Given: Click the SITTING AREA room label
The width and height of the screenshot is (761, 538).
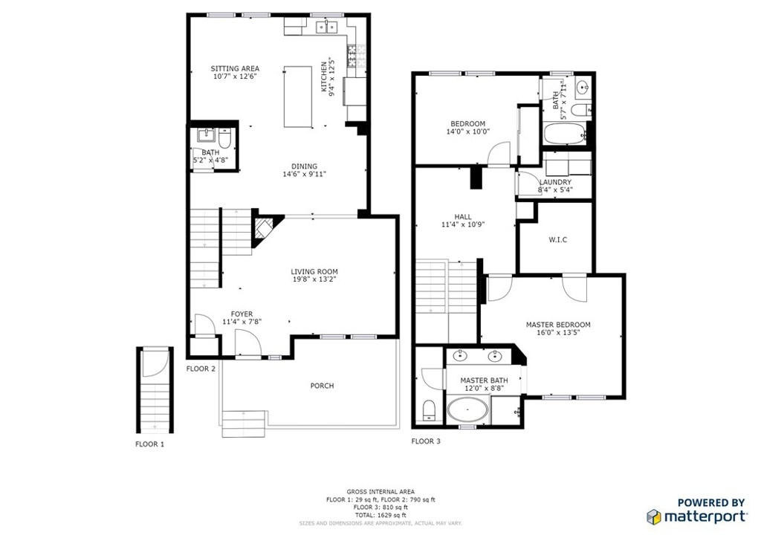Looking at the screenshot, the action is (x=235, y=68).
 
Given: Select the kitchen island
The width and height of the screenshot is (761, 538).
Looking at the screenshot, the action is (x=297, y=97).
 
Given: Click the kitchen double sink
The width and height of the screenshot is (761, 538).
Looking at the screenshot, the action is (x=328, y=27).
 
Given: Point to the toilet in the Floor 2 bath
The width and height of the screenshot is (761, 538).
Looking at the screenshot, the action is (x=224, y=139).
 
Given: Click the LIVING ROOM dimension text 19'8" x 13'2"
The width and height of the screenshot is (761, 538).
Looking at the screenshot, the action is (x=314, y=279).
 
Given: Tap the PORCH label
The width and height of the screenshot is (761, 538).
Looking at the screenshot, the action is (x=323, y=386).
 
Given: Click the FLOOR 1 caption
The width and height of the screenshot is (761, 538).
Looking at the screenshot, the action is (x=150, y=444).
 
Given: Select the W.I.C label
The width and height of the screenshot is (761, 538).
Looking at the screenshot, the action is (x=557, y=240).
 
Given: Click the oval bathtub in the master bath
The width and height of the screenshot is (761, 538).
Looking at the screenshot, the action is (x=467, y=410).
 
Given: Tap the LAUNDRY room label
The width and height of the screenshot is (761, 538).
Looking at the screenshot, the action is (x=555, y=182).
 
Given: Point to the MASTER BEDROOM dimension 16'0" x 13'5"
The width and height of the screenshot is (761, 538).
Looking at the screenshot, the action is (x=558, y=332).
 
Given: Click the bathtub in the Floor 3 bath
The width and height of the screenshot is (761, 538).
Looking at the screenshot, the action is (x=565, y=134).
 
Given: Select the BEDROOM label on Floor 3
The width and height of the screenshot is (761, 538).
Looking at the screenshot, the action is (x=468, y=123).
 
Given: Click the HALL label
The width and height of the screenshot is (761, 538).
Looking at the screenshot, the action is (x=463, y=217).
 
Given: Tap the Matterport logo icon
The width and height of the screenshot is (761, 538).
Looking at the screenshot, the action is (x=654, y=517).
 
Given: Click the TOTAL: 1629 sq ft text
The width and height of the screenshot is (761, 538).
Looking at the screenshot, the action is (x=380, y=515).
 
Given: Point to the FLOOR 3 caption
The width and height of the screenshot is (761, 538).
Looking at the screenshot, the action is (x=426, y=441).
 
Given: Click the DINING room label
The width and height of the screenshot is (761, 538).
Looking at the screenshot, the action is (x=304, y=166).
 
